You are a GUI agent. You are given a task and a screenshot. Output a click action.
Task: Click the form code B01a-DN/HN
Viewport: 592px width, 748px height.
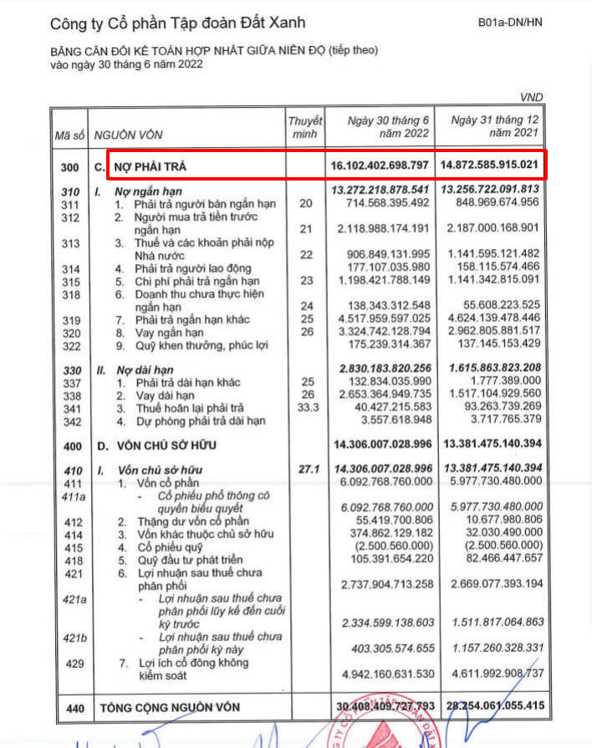tap(510, 23)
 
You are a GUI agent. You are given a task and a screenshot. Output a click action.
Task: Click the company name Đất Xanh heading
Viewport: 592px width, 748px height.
tap(178, 23)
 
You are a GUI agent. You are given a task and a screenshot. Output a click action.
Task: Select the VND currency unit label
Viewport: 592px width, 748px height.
tap(531, 98)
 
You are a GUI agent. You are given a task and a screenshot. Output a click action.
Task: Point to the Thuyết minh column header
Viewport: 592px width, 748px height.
tap(304, 128)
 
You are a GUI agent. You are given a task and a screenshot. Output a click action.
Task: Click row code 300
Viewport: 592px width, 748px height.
tap(70, 168)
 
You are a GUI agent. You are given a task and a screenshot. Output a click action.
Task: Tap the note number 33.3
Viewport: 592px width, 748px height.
tap(304, 407)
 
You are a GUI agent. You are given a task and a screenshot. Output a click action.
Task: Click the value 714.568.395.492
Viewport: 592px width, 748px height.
tap(381, 204)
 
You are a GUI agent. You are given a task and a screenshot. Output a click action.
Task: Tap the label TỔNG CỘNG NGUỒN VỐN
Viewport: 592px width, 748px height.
tap(170, 708)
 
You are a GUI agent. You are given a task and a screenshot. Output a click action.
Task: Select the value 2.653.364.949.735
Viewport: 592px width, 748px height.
tap(381, 394)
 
